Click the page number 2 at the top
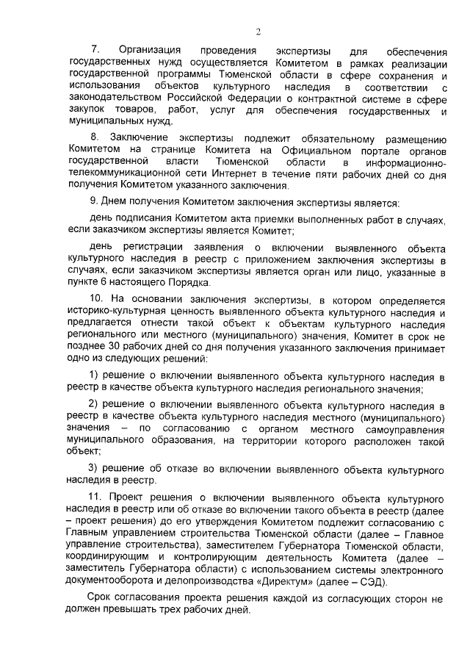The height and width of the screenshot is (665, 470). [258, 31]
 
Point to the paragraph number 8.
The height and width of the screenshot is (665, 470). [94, 138]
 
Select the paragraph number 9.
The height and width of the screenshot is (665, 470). [93, 202]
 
